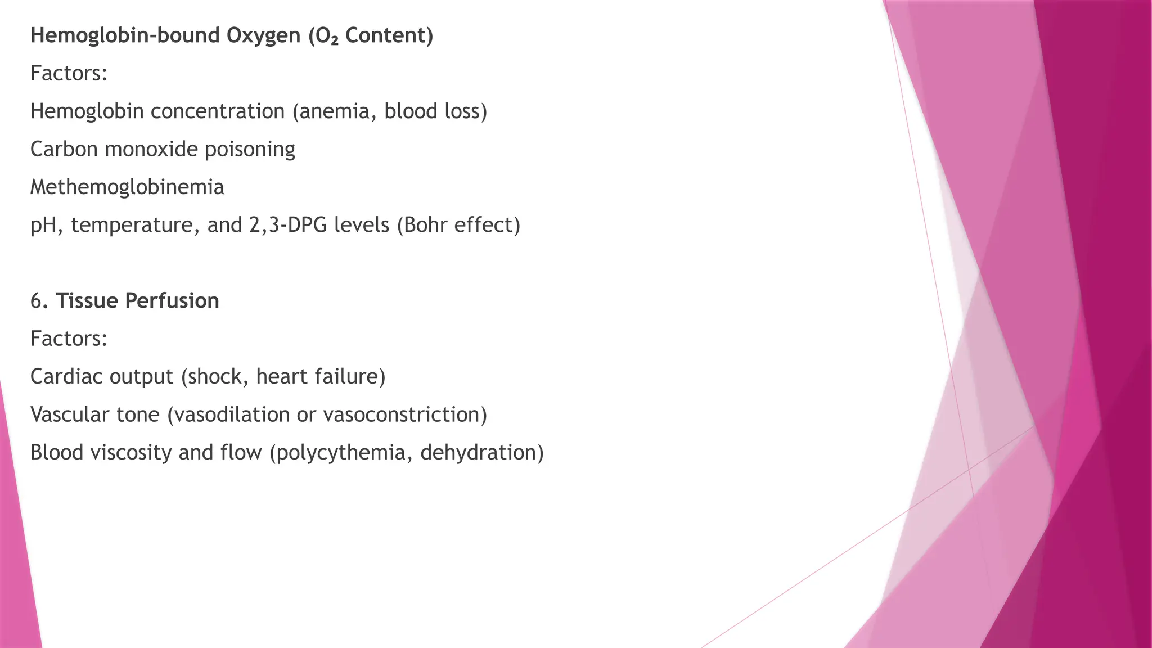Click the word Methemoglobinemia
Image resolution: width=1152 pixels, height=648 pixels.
[127, 187]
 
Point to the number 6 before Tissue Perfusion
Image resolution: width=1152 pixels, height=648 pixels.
[36, 301]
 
